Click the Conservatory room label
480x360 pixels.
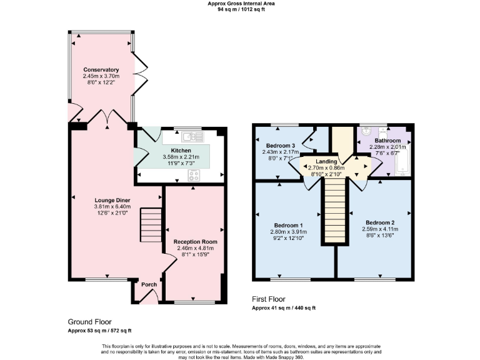(101, 69)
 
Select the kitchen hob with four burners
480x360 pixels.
(193, 175)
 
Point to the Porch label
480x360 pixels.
(149, 284)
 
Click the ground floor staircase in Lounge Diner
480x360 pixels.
(149, 226)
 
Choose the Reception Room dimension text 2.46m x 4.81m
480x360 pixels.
(195, 248)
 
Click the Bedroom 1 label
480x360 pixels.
(289, 225)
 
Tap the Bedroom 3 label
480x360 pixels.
(280, 146)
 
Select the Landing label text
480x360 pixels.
(326, 161)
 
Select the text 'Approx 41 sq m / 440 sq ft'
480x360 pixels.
(283, 308)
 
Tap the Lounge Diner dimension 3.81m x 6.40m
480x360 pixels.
(101, 207)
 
